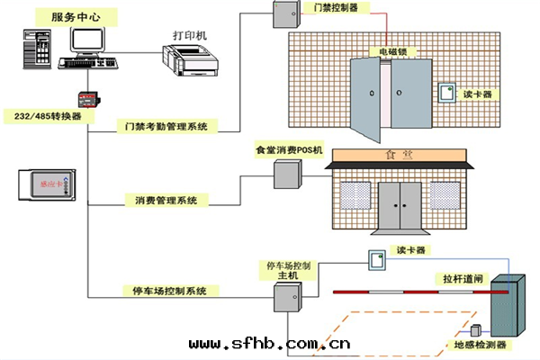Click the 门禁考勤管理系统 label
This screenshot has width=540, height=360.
166,127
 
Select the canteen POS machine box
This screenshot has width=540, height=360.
286,174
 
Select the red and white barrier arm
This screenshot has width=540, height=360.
409,292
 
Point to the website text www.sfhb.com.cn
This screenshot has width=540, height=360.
269,343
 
